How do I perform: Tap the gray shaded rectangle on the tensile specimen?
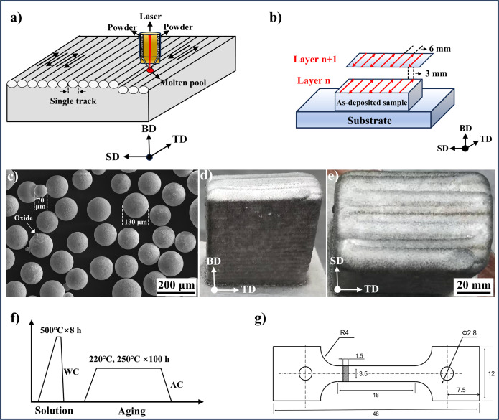(345, 373)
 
